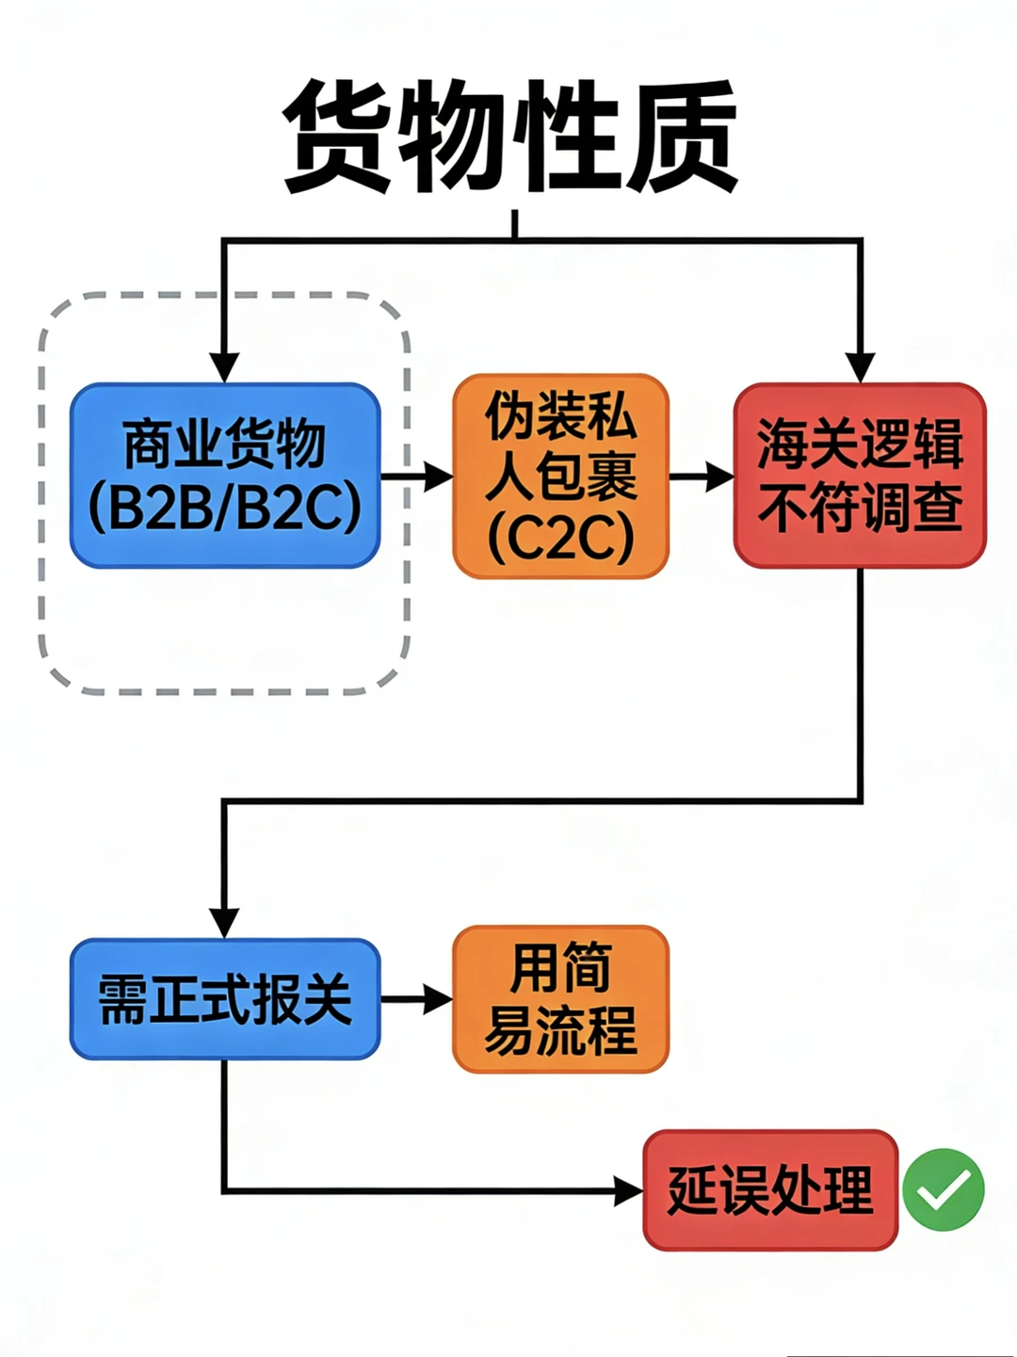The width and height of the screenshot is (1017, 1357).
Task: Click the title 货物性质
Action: pyautogui.click(x=511, y=137)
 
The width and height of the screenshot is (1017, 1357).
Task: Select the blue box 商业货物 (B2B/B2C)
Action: pyautogui.click(x=225, y=476)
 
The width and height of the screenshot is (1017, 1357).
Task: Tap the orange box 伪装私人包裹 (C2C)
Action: pyautogui.click(x=560, y=476)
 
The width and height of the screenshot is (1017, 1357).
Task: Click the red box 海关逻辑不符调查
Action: pyautogui.click(x=860, y=476)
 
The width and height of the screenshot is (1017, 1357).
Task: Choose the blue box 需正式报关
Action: pyautogui.click(x=225, y=999)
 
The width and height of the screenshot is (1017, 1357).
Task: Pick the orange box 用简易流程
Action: pyautogui.click(x=560, y=999)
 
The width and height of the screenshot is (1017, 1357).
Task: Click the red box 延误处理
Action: pyautogui.click(x=770, y=1190)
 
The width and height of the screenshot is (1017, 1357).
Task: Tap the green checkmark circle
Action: pyautogui.click(x=943, y=1189)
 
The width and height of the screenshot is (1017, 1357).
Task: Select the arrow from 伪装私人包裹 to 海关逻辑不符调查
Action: pyautogui.click(x=702, y=477)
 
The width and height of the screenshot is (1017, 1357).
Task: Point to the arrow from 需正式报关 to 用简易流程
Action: pyautogui.click(x=417, y=999)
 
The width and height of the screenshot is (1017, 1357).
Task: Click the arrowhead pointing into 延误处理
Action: pyautogui.click(x=628, y=1191)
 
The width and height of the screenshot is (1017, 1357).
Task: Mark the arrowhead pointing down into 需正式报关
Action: pyautogui.click(x=224, y=922)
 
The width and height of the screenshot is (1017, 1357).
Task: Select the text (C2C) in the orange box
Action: pyautogui.click(x=560, y=538)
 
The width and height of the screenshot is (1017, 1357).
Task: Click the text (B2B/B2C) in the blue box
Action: pyautogui.click(x=225, y=508)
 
